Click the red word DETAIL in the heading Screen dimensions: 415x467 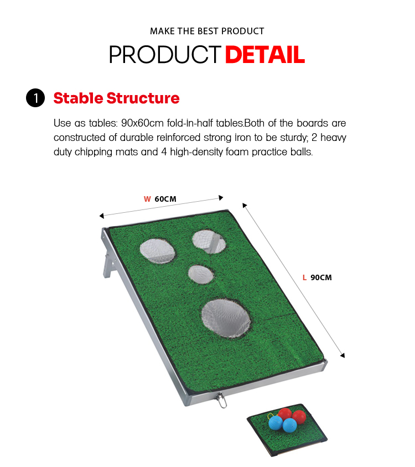click(x=265, y=55)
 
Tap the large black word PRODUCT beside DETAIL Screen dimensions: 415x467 click(x=165, y=55)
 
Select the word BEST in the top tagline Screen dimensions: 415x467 click(x=208, y=31)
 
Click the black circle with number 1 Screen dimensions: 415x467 click(x=35, y=98)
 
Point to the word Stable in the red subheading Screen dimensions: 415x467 click(x=78, y=98)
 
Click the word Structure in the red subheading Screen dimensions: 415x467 click(x=143, y=98)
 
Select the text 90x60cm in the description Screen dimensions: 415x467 click(x=143, y=123)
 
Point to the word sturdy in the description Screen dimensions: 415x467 click(x=293, y=138)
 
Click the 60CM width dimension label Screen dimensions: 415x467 click(x=165, y=199)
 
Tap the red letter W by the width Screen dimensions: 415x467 click(x=147, y=199)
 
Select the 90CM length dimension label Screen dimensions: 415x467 click(x=321, y=277)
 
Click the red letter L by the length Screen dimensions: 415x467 click(x=304, y=277)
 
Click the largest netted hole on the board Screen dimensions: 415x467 click(x=226, y=318)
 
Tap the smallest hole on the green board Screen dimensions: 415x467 click(x=201, y=274)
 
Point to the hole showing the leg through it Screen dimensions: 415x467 click(x=209, y=242)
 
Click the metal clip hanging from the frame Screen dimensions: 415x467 click(x=221, y=400)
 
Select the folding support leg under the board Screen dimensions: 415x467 click(x=108, y=265)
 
